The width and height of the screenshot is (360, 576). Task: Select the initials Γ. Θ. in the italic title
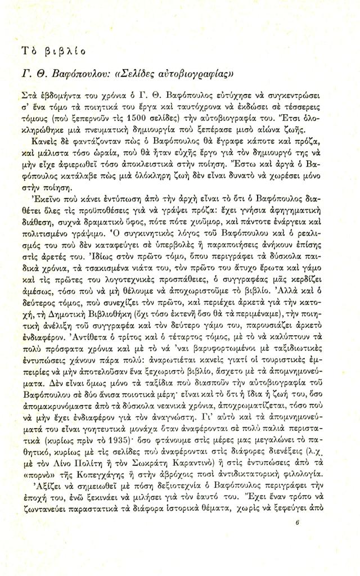pyautogui.click(x=45, y=76)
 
